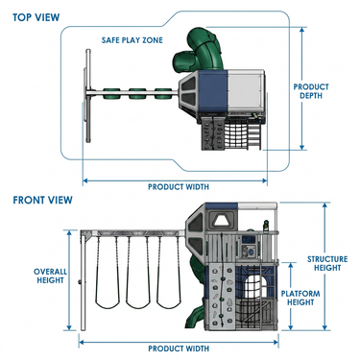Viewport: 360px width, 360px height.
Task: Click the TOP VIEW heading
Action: (x=36, y=17)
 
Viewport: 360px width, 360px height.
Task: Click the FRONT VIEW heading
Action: (x=42, y=200)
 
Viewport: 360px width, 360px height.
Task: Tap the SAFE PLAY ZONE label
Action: (x=132, y=40)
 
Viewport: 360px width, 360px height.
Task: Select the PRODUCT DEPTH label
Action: (x=311, y=91)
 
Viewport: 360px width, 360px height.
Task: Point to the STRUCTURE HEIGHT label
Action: (x=327, y=263)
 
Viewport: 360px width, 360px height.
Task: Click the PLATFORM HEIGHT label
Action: (x=300, y=298)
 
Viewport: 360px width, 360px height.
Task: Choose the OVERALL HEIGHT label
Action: (x=50, y=276)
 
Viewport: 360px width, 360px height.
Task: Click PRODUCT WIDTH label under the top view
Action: (x=179, y=187)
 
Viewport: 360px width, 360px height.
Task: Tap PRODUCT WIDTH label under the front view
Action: (x=179, y=348)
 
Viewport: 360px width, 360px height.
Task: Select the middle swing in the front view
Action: (x=138, y=272)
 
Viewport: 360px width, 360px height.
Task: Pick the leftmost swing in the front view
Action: (x=108, y=272)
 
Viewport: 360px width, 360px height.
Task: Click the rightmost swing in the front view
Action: (x=169, y=272)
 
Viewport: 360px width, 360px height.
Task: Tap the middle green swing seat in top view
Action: (x=137, y=93)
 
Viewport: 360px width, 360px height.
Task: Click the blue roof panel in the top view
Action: (x=213, y=92)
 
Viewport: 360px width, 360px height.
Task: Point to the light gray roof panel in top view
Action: (x=245, y=92)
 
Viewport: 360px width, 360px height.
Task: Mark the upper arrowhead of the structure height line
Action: (x=324, y=204)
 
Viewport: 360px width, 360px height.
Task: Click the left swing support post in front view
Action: (x=84, y=281)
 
